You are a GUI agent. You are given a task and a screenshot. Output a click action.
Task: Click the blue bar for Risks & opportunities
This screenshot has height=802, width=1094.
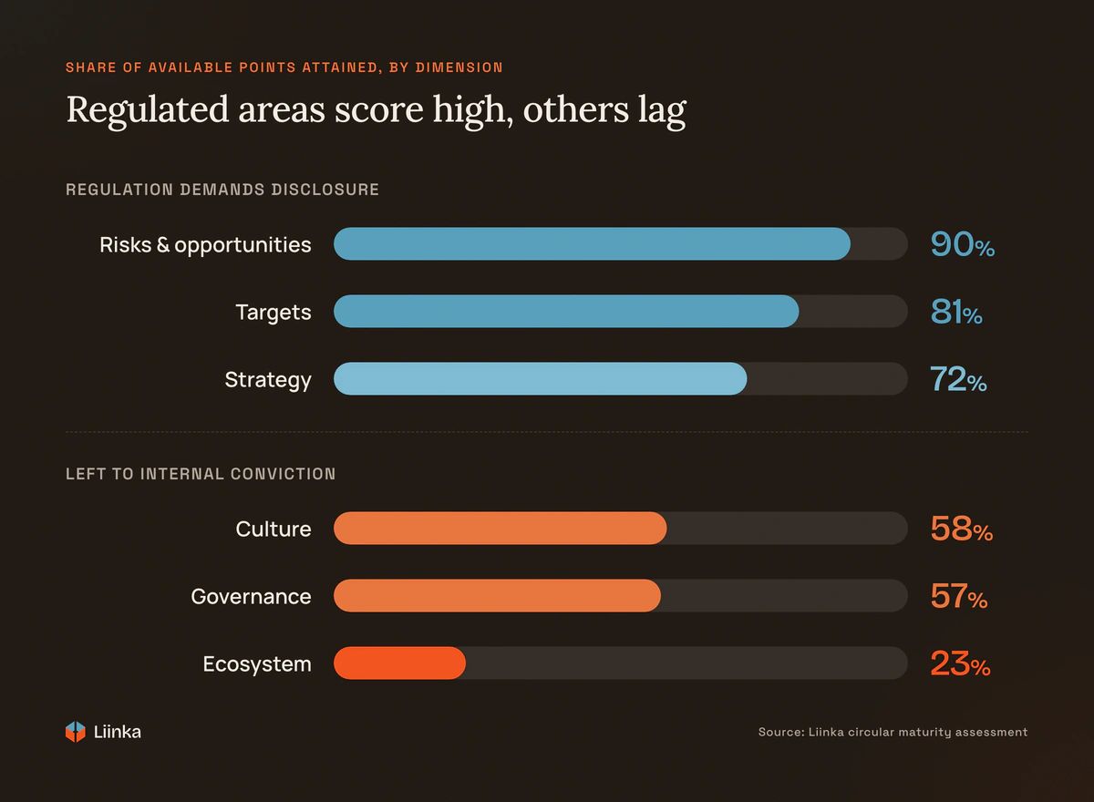(x=592, y=243)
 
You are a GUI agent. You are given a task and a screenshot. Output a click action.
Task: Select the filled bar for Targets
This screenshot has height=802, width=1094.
(x=566, y=311)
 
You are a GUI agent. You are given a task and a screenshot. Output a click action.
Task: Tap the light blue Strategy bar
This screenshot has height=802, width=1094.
(x=540, y=378)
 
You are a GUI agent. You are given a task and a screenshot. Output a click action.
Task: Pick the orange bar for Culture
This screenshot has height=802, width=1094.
(x=501, y=529)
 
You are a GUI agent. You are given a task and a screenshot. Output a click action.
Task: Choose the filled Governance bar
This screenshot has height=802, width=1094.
(x=497, y=595)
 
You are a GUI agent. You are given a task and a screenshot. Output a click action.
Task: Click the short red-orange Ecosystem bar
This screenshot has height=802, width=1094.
(x=399, y=663)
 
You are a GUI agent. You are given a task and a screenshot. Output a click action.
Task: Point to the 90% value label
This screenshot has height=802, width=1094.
(x=962, y=244)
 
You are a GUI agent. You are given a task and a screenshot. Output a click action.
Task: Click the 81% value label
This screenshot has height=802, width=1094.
(x=956, y=312)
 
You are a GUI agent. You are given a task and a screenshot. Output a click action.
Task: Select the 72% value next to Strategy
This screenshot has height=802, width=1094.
(x=958, y=379)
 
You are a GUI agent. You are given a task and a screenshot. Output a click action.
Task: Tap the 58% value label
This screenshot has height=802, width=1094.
(x=962, y=529)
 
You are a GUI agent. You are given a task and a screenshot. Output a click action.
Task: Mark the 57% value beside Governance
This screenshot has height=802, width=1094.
(x=959, y=596)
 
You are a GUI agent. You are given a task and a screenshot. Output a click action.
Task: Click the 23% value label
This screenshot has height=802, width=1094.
(x=960, y=663)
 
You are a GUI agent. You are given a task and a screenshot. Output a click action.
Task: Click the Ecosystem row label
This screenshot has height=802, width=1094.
(x=257, y=664)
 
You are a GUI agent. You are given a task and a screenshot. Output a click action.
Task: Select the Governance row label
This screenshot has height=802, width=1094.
(x=251, y=597)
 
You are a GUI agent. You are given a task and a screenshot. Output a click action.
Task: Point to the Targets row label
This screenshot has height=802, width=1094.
(x=273, y=313)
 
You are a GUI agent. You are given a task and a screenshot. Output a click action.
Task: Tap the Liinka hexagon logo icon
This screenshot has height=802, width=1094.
(x=75, y=732)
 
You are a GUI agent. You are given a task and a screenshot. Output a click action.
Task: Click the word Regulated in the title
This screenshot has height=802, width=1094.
(x=148, y=111)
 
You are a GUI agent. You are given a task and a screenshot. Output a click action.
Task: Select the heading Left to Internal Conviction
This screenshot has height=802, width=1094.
(x=201, y=474)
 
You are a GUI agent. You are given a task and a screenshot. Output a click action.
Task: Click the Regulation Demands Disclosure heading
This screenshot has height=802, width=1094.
(x=222, y=190)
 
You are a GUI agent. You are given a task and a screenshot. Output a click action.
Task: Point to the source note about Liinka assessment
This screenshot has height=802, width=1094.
(x=893, y=732)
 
